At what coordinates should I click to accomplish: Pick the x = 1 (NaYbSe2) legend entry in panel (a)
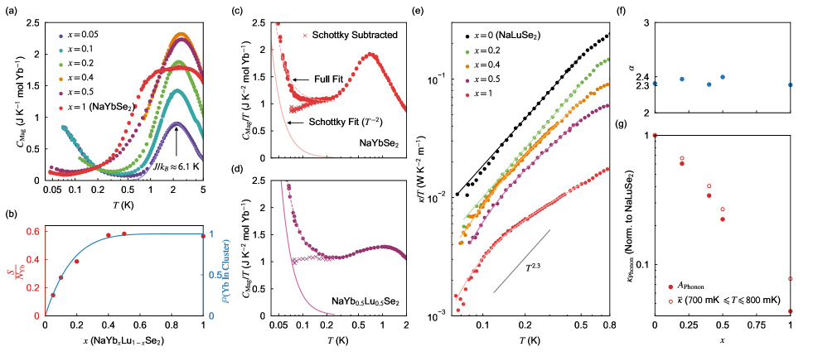tap(96, 108)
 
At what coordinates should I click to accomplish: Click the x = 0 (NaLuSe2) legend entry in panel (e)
tap(510, 36)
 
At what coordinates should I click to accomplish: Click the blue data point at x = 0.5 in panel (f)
tap(723, 77)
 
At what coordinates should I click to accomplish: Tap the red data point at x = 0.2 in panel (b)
tap(76, 262)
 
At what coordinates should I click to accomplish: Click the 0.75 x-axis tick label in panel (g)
tap(757, 330)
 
